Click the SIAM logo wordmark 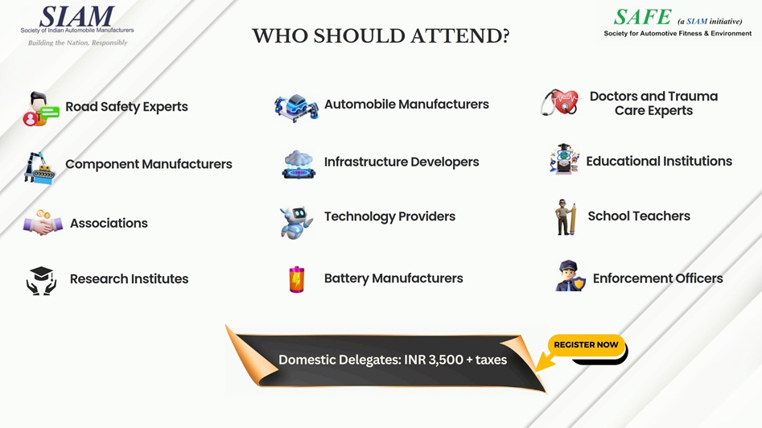(76, 17)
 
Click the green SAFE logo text (642, 17)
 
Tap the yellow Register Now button (586, 345)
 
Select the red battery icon (296, 279)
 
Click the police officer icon (570, 276)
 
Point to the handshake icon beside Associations (43, 223)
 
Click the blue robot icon (296, 222)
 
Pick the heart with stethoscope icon (560, 102)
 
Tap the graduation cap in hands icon (41, 280)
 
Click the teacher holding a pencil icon (566, 216)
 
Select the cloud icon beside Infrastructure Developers (299, 164)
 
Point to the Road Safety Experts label (127, 106)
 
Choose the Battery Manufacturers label (393, 278)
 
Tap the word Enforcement (625, 278)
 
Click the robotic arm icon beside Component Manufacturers (39, 168)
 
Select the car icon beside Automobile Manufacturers (296, 108)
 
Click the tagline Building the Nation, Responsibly (78, 43)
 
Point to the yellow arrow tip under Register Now (537, 370)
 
